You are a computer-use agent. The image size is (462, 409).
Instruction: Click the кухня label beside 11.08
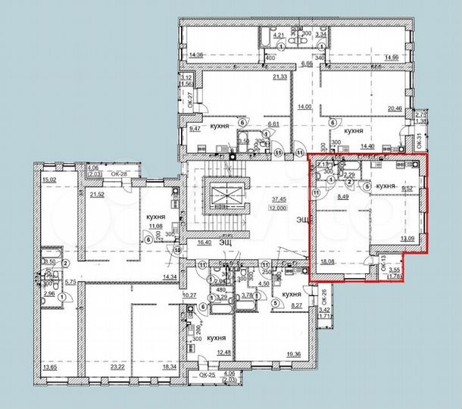coord(158,215)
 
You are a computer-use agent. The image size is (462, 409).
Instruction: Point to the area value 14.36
coord(198,55)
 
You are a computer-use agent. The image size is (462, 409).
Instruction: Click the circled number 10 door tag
coord(176,249)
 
